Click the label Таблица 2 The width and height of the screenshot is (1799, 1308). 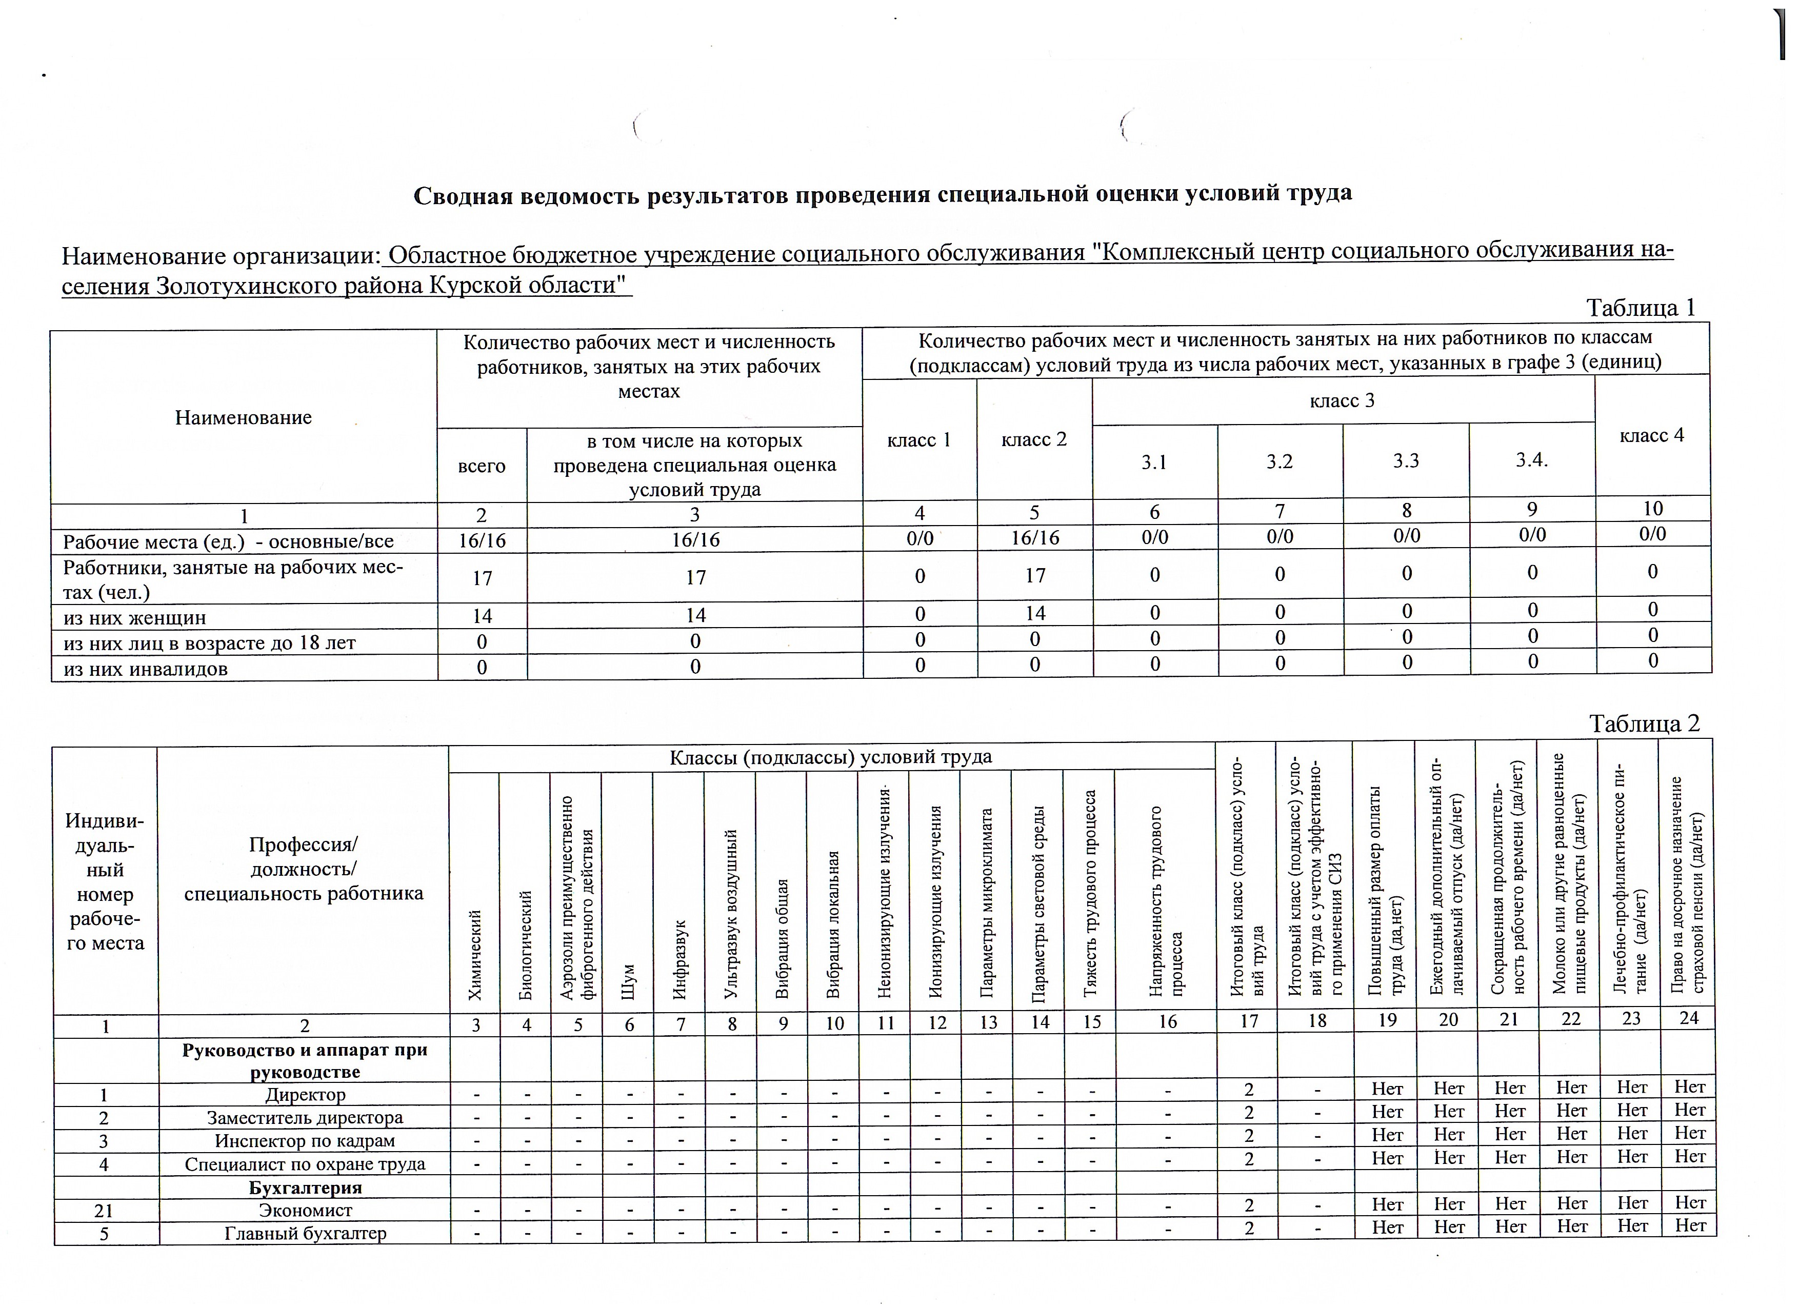coord(1644,723)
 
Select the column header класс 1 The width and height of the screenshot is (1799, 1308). coord(918,440)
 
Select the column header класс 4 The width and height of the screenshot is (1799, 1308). coord(1651,435)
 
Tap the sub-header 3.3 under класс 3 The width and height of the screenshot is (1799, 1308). coord(1406,461)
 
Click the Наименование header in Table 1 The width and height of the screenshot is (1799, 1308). coord(244,418)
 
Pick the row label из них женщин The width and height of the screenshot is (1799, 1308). coord(135,617)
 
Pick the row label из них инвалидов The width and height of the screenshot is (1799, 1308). coord(145,669)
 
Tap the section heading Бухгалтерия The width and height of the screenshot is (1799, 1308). coord(305,1188)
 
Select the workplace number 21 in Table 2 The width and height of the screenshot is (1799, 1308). coord(104,1211)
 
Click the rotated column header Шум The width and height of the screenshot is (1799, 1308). coord(628,981)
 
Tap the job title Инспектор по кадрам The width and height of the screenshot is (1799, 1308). coord(305,1141)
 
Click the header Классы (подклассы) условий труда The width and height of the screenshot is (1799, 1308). coord(830,757)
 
